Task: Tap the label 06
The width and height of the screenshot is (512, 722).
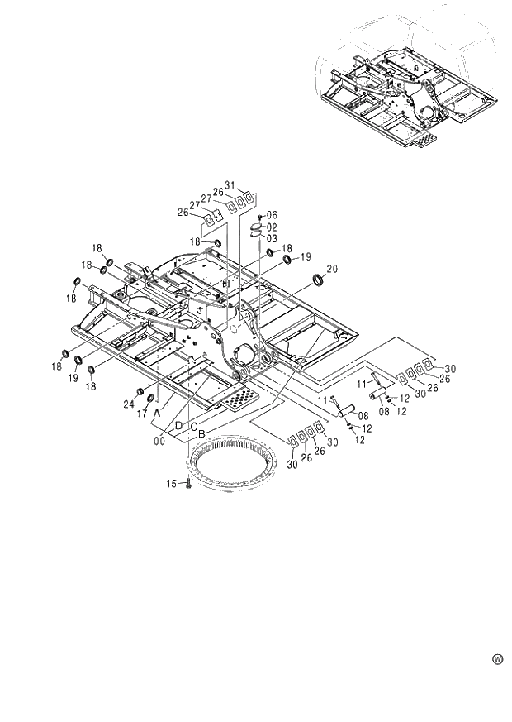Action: tap(272, 215)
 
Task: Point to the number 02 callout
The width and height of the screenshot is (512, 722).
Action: tap(272, 227)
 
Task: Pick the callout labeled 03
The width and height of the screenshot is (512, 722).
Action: tap(272, 238)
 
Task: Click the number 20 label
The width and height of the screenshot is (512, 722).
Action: tap(332, 268)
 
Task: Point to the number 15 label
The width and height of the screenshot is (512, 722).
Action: tap(172, 483)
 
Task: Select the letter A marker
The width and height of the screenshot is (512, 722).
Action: tap(157, 414)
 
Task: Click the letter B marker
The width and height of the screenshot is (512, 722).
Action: tap(201, 433)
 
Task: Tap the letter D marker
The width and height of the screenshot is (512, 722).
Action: tap(178, 425)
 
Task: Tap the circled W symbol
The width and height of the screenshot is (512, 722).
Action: tap(497, 658)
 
